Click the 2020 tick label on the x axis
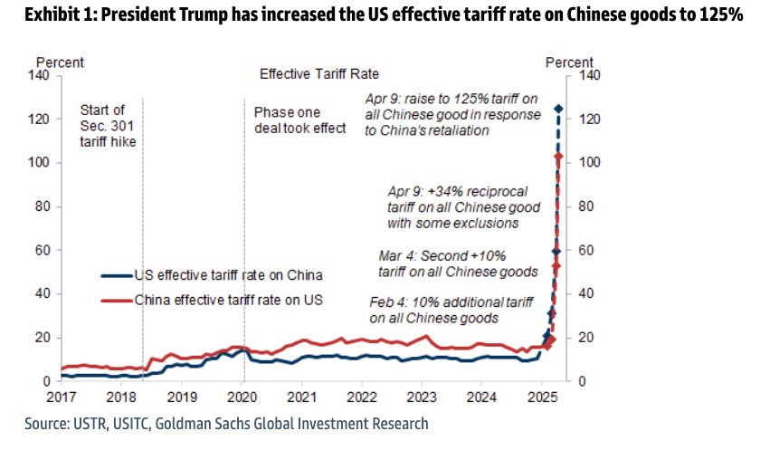(242, 397)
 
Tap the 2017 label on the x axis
(62, 397)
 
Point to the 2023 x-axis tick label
(423, 397)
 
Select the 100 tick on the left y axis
(43, 163)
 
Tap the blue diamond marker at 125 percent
(558, 110)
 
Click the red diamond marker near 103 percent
(558, 157)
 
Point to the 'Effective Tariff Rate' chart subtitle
(318, 74)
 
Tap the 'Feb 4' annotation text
(433, 310)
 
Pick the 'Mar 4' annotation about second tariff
(458, 263)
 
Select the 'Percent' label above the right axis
(569, 62)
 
